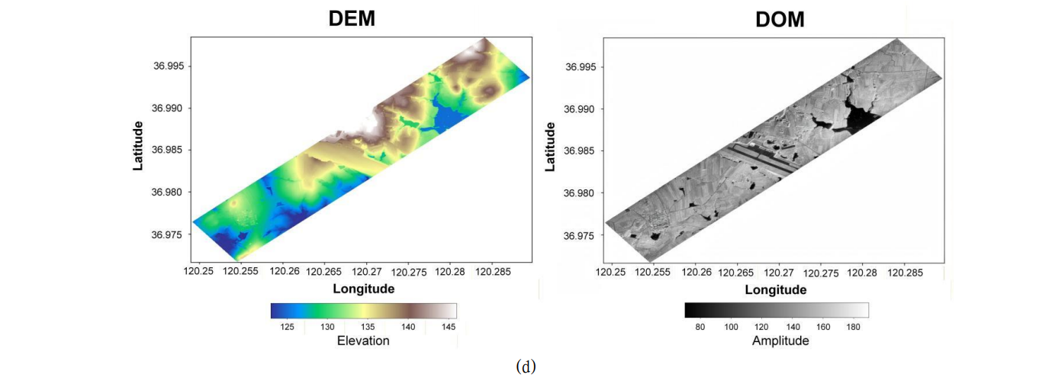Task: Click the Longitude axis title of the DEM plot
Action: point(364,289)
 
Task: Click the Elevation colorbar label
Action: point(363,341)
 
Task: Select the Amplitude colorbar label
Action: point(780,341)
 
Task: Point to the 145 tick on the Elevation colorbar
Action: point(449,327)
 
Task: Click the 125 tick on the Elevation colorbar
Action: point(288,327)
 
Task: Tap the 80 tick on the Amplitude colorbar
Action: point(700,327)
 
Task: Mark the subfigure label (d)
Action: point(526,367)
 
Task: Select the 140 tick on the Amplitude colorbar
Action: point(793,327)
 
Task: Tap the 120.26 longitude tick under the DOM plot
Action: point(695,272)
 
